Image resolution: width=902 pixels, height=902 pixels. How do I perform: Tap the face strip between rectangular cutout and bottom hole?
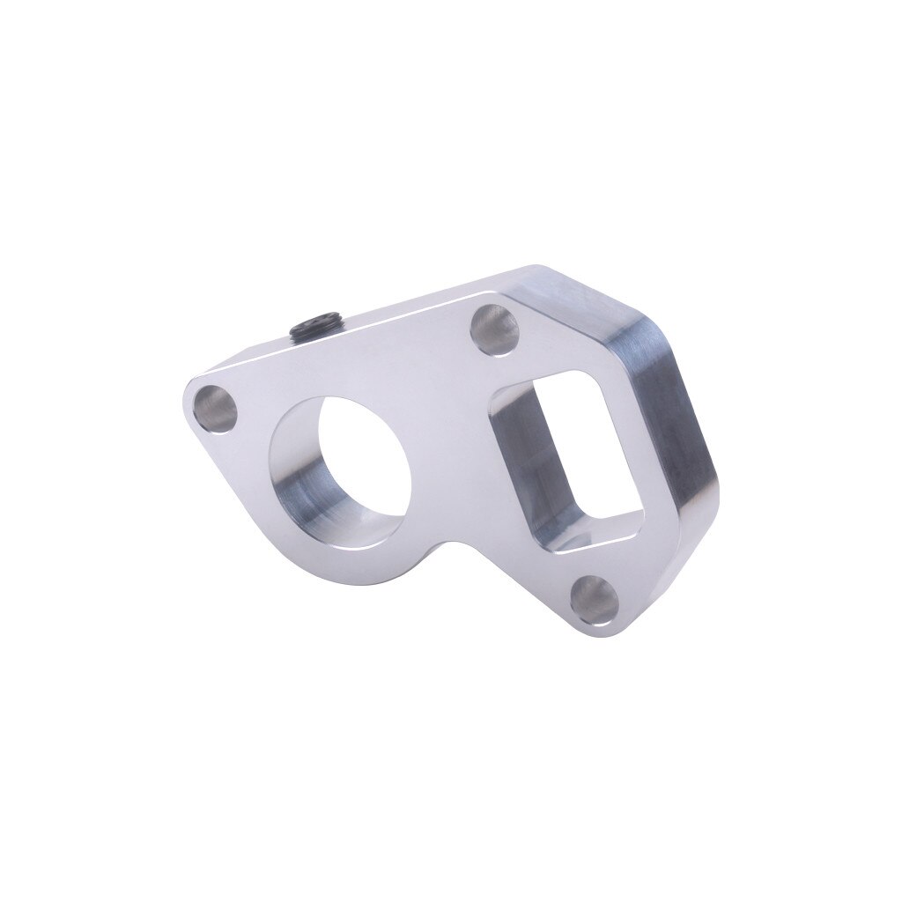(564, 568)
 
